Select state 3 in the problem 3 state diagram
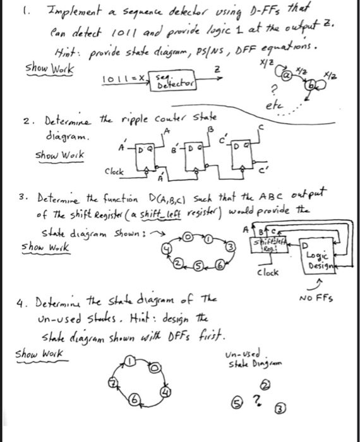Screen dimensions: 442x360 [231, 244]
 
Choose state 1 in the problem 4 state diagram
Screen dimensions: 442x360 [130, 361]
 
